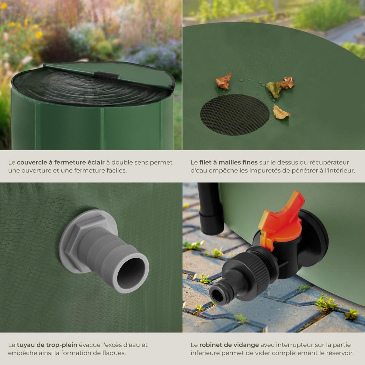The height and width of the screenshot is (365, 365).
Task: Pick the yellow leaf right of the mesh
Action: pos(280,113)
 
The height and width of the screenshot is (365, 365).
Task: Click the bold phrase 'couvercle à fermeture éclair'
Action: pos(61,162)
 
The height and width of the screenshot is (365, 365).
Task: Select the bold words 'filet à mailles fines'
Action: pos(228,162)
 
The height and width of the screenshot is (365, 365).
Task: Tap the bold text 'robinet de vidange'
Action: pos(229,345)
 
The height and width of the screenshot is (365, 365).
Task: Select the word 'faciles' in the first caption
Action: pos(118,170)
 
